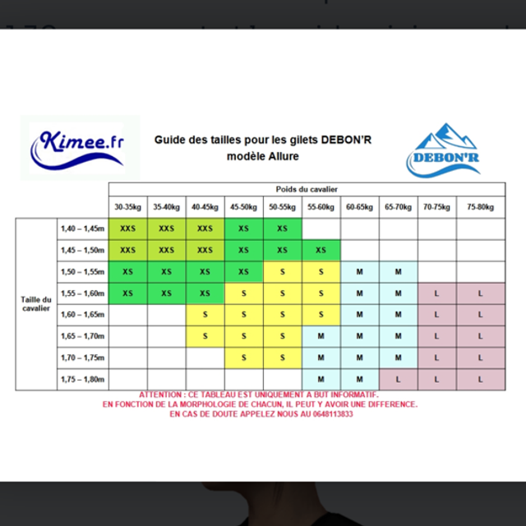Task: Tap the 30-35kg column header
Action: (x=127, y=207)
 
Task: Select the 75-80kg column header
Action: (x=481, y=207)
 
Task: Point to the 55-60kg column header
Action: (x=321, y=207)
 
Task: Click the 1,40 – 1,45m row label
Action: (x=83, y=228)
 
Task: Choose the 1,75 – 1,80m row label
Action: (x=83, y=379)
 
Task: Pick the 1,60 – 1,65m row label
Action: (x=83, y=315)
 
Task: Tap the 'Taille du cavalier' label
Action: (x=36, y=304)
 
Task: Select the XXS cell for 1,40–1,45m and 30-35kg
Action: (x=127, y=228)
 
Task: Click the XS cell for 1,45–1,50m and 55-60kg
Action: (x=321, y=250)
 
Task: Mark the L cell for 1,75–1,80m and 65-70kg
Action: (x=398, y=379)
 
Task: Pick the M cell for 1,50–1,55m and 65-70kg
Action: (x=398, y=271)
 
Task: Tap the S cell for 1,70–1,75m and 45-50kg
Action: (x=243, y=358)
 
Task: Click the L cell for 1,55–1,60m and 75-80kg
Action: (x=481, y=293)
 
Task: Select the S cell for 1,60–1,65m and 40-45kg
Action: (x=205, y=315)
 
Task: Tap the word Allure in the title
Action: (x=283, y=156)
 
